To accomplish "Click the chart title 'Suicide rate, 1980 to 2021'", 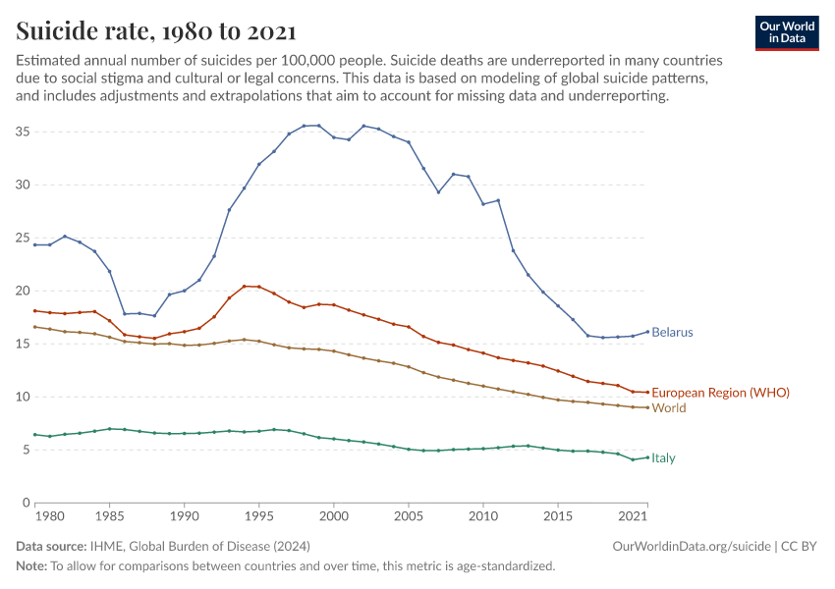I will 156,31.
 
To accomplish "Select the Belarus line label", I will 672,333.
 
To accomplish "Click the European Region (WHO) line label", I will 720,393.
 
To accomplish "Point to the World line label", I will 668,408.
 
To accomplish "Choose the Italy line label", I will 663,458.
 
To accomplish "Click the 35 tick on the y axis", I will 24,132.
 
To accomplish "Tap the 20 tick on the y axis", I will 24,291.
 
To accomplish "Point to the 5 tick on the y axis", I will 27,450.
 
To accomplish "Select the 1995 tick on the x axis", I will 258,515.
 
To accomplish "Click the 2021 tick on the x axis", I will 636,515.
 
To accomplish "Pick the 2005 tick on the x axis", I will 409,515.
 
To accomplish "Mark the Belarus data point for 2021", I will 647,331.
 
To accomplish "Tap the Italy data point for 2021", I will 647,456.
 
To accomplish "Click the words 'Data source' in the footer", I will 50,546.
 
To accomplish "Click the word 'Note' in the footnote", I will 30,565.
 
